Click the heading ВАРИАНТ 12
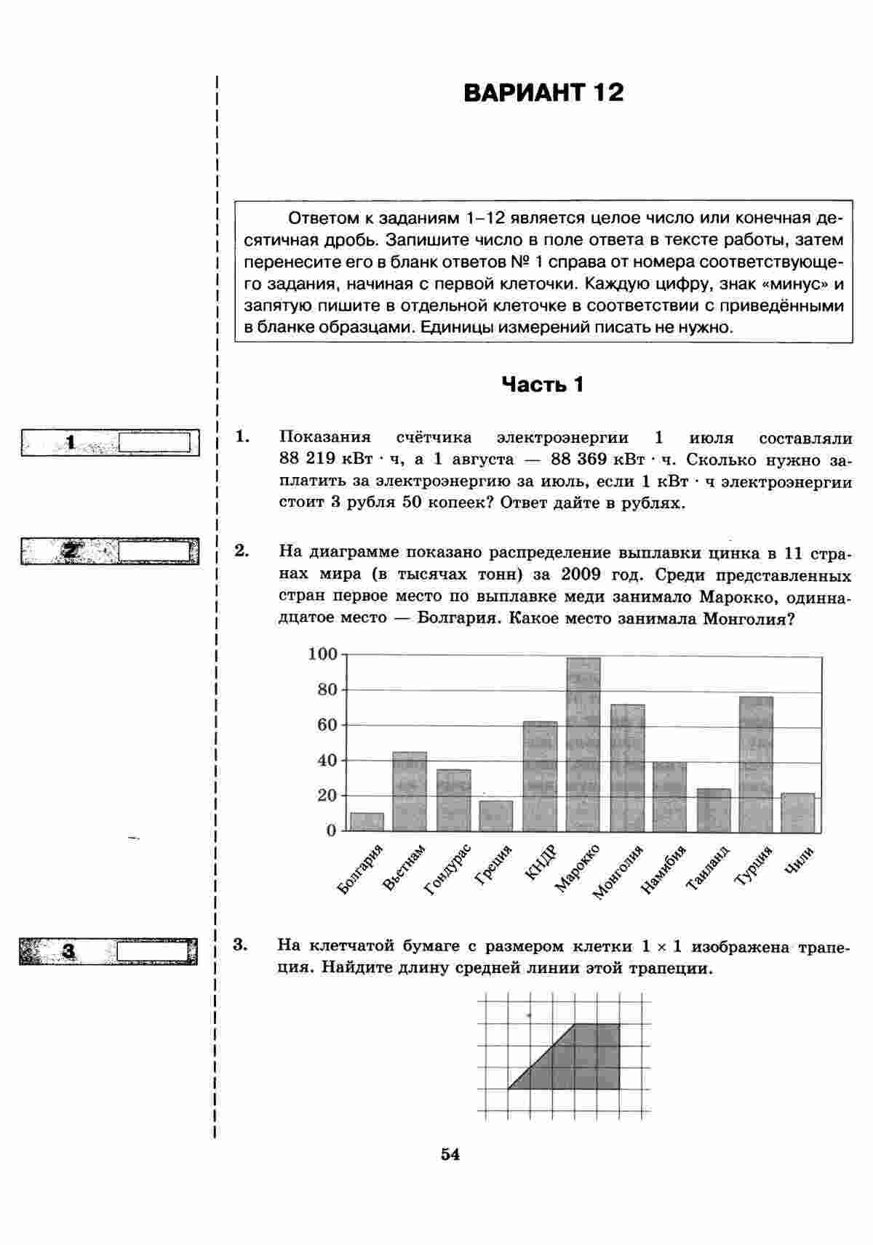click(543, 93)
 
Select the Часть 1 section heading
click(543, 385)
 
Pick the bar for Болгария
click(367, 822)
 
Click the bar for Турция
click(756, 764)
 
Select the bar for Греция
click(496, 816)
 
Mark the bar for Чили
click(798, 812)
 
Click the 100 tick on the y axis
click(322, 654)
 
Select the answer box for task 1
click(154, 442)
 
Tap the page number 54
click(450, 1154)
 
